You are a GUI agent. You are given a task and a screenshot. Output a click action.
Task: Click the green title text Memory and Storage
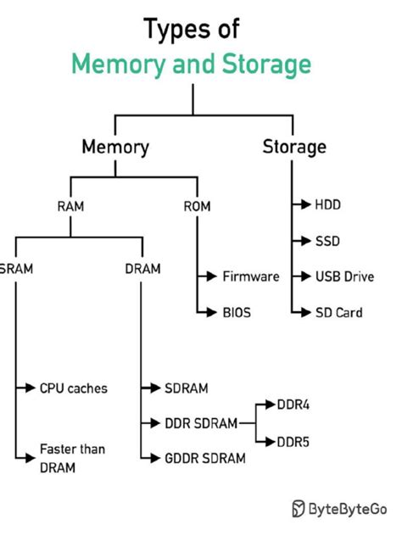(191, 64)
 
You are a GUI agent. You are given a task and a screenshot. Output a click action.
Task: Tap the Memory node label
(115, 147)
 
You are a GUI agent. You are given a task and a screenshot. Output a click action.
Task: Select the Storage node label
(294, 147)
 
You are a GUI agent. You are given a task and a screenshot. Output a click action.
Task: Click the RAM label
(70, 205)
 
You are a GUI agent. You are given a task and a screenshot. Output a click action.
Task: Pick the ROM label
(197, 205)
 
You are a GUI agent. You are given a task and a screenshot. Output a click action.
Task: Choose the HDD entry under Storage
(327, 204)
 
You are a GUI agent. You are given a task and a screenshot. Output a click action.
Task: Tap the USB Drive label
(343, 276)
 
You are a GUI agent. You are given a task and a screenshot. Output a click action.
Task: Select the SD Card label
(338, 312)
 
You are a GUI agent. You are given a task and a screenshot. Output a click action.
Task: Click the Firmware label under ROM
(250, 276)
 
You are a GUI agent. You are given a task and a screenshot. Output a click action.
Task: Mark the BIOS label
(237, 312)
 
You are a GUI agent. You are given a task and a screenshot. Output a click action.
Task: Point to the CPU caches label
(74, 388)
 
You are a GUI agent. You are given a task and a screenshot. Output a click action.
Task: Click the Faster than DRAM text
(72, 457)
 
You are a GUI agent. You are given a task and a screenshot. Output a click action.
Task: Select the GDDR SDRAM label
(205, 458)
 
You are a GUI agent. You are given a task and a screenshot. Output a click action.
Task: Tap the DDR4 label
(293, 405)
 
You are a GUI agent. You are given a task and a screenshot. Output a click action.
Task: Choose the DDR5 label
(293, 441)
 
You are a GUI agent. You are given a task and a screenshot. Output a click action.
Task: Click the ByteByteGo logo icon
(299, 508)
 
